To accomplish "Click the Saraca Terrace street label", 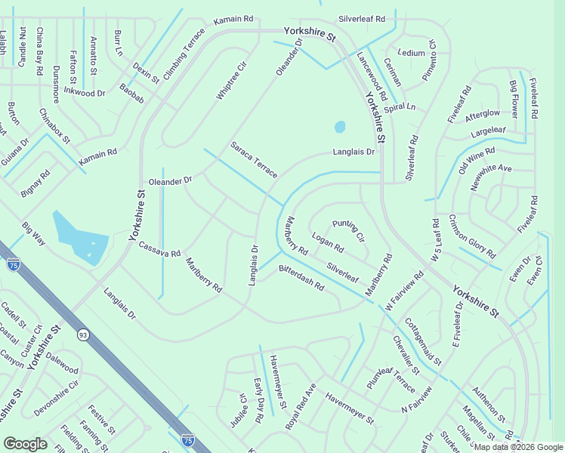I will click(x=254, y=159).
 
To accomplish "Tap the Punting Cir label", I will click(x=348, y=231).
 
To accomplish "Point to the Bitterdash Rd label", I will click(x=301, y=278).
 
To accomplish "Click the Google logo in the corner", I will click(x=25, y=444).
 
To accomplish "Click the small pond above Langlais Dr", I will click(x=340, y=126).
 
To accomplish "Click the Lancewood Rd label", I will click(x=372, y=76).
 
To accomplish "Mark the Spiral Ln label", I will click(x=400, y=107).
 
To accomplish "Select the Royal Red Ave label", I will click(x=301, y=406).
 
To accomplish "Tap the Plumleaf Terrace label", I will click(x=391, y=374).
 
